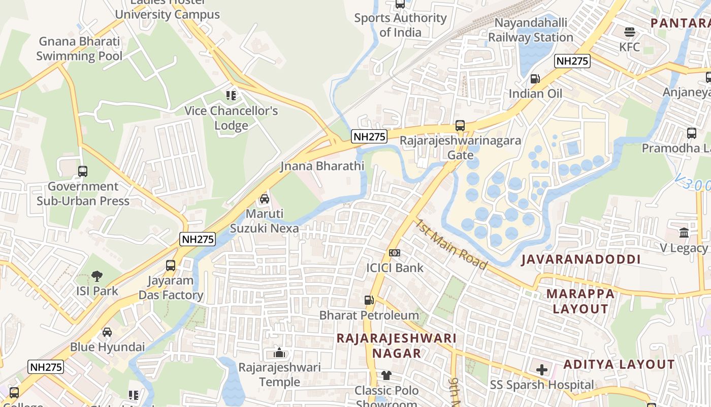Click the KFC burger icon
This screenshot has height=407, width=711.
(x=630, y=32)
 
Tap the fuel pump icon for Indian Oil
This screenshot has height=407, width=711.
(x=535, y=79)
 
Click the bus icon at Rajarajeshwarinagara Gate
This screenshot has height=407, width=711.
(x=460, y=125)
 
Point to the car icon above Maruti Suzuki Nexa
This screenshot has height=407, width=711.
(x=265, y=198)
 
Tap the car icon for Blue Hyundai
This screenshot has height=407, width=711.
(x=107, y=332)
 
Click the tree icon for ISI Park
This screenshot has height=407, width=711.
(x=97, y=276)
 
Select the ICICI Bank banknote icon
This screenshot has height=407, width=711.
(x=395, y=253)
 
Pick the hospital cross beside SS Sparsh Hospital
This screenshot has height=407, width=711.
(x=542, y=370)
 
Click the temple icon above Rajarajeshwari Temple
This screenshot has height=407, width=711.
(x=279, y=353)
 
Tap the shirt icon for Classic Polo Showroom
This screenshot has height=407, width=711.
(x=386, y=376)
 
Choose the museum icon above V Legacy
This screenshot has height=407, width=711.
(x=684, y=233)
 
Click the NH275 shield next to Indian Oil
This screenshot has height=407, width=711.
(x=572, y=61)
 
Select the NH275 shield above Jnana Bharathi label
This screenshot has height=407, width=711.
(x=369, y=136)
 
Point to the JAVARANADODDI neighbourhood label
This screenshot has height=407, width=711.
(x=581, y=259)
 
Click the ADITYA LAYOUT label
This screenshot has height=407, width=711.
(x=619, y=364)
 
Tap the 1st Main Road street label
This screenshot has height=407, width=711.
(x=450, y=245)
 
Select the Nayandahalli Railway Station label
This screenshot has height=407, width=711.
(x=531, y=31)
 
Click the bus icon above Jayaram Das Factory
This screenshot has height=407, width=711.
(x=171, y=266)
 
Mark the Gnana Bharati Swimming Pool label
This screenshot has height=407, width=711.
(x=79, y=49)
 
